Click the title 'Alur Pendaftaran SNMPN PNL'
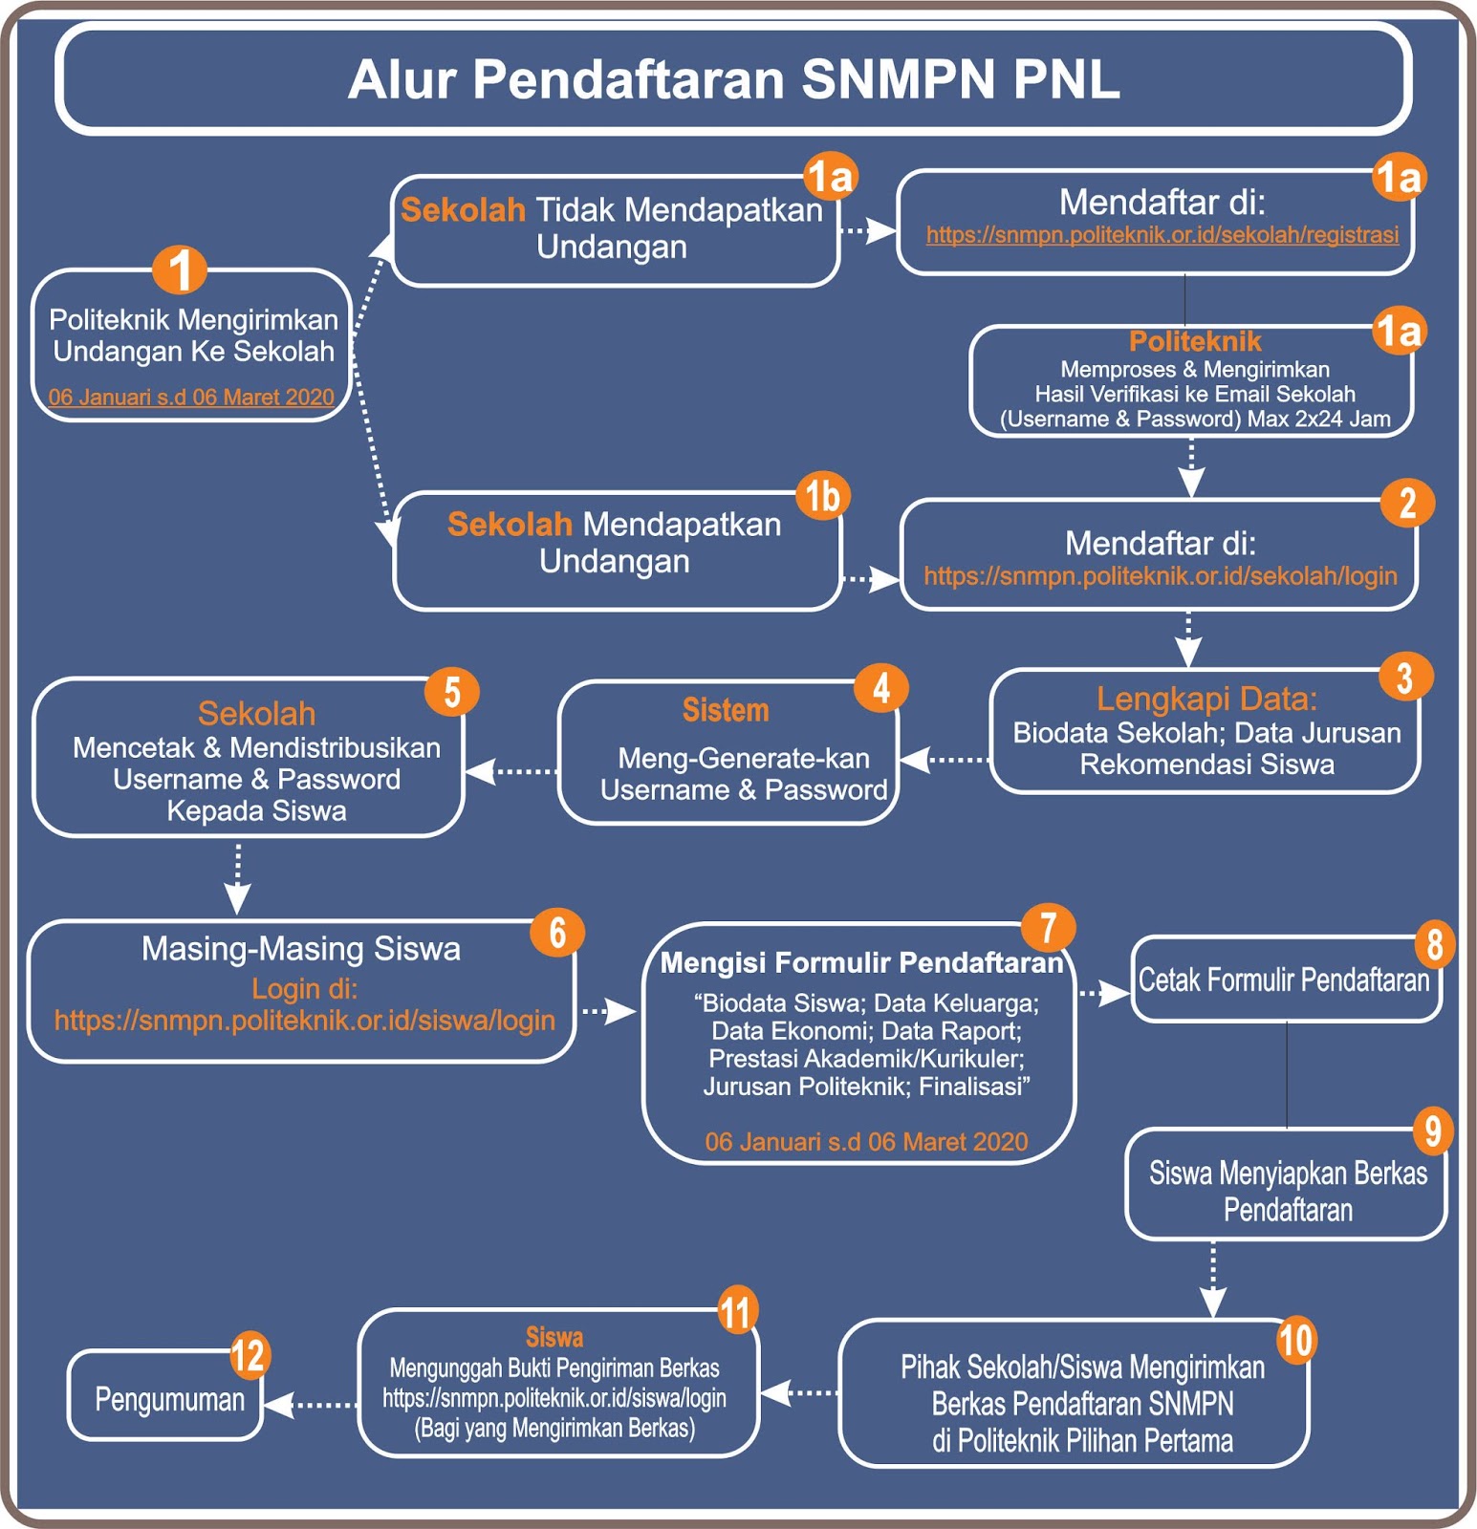[733, 79]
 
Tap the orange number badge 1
[180, 269]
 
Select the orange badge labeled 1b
[822, 496]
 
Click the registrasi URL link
[1162, 235]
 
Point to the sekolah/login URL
[1160, 576]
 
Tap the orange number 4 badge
[881, 688]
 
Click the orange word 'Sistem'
[726, 711]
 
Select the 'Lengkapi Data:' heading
[1206, 700]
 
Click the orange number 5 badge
[452, 692]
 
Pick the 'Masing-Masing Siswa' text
[301, 949]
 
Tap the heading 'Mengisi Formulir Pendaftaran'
[861, 962]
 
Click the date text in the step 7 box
[866, 1142]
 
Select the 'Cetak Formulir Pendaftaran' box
[1284, 980]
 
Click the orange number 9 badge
[1433, 1131]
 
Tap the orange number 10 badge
[1295, 1341]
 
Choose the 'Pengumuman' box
[168, 1400]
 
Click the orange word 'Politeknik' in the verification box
[1195, 342]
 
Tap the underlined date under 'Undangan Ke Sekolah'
[191, 398]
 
